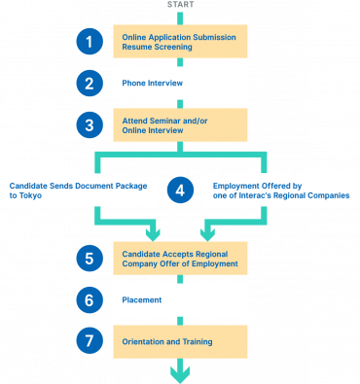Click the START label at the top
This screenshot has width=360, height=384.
point(180,4)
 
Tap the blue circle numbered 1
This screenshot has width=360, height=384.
point(89,41)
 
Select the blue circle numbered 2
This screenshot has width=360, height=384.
point(89,83)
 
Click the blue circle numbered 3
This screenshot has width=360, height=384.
point(89,124)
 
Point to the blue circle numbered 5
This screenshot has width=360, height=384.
point(89,258)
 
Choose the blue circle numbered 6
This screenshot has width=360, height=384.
point(89,299)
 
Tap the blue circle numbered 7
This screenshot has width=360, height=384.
point(89,341)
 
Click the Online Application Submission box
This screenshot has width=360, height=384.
point(180,41)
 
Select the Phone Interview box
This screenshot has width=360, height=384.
point(180,83)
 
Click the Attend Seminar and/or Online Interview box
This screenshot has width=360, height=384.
point(180,124)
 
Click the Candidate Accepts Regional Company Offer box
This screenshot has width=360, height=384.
point(180,258)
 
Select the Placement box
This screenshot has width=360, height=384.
point(180,299)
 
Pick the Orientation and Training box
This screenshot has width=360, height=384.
point(180,341)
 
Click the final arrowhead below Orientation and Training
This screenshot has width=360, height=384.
point(180,371)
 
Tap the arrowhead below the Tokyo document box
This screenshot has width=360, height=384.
point(151,232)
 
